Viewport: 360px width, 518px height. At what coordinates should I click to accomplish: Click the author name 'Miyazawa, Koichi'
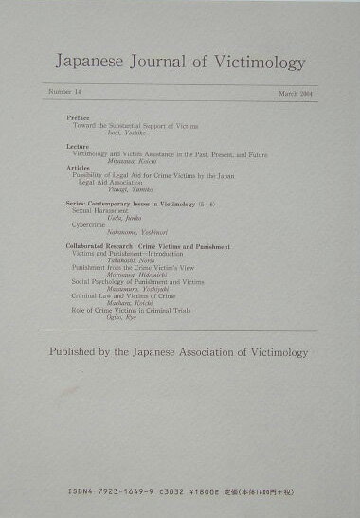tap(116, 162)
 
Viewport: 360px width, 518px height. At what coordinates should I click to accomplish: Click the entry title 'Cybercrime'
tap(91, 224)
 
